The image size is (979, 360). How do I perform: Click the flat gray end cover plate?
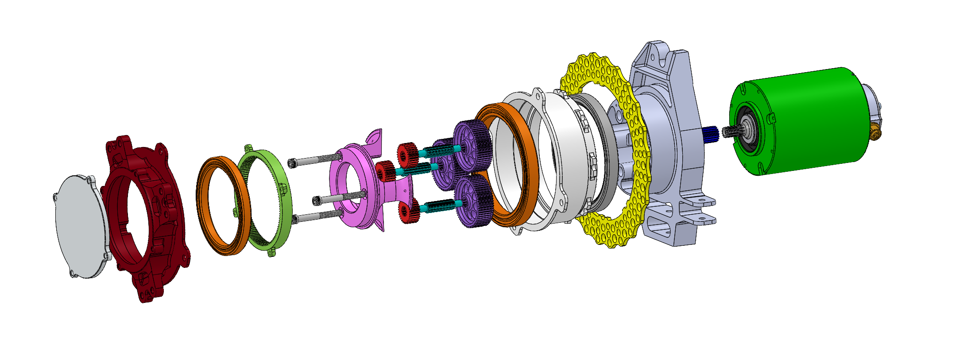tap(80, 226)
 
